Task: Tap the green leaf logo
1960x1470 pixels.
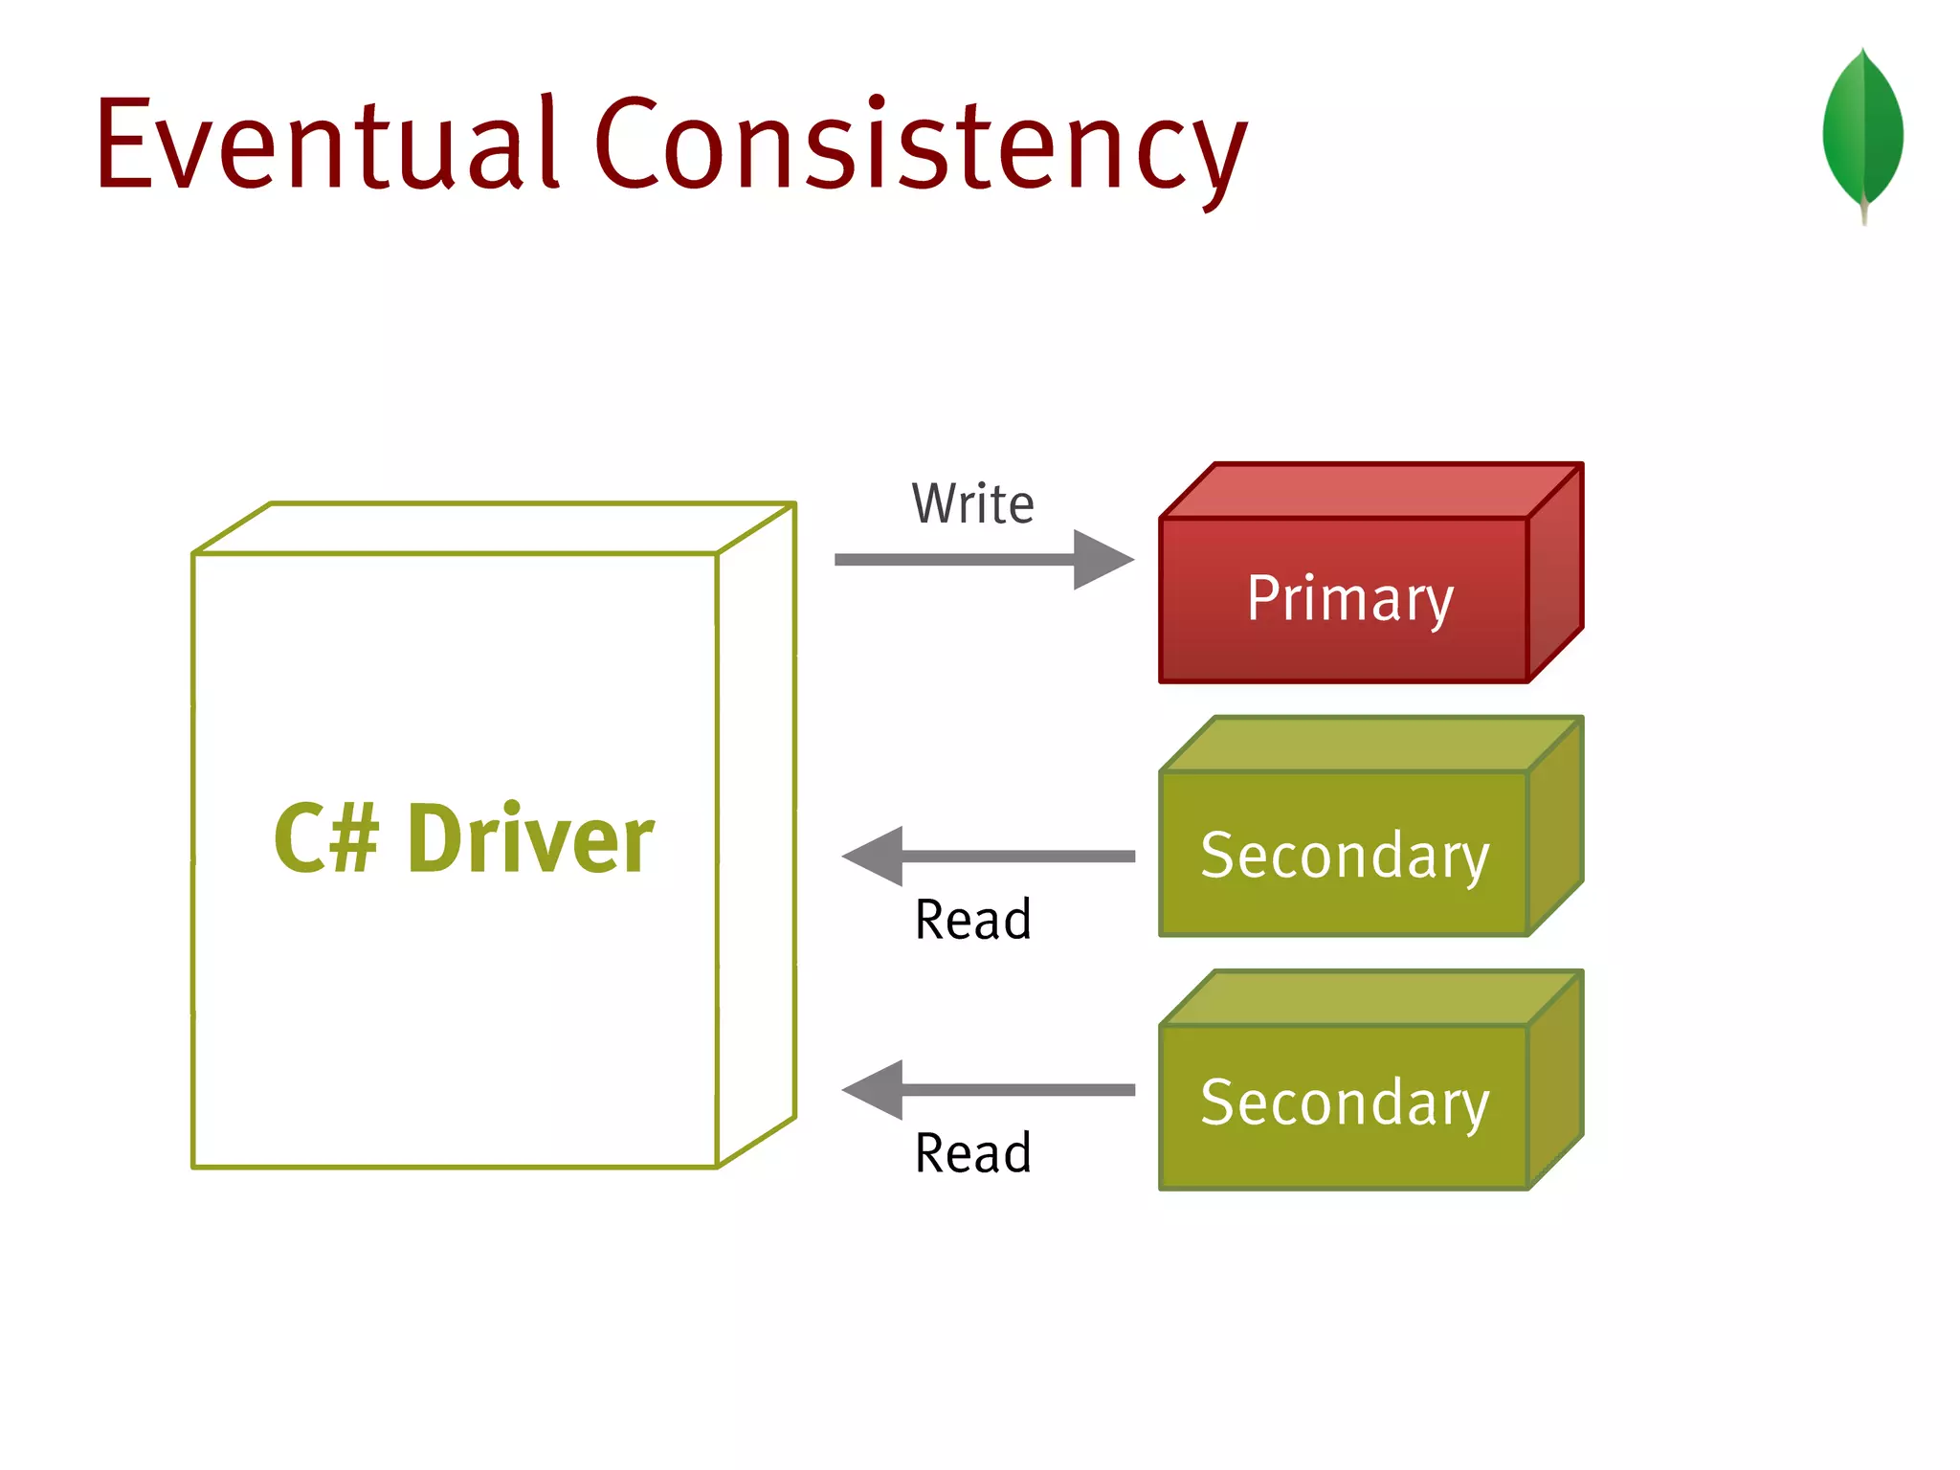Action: click(1862, 129)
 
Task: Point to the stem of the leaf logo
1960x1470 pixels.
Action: click(1863, 212)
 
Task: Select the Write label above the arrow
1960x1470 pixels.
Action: click(972, 504)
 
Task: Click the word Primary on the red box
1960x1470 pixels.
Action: click(1349, 599)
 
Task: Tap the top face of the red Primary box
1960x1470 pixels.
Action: click(1370, 491)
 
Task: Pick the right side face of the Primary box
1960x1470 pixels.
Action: click(1555, 574)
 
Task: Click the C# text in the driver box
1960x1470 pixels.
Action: click(326, 838)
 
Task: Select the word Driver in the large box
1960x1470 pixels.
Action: click(530, 838)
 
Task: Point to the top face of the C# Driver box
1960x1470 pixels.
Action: click(493, 527)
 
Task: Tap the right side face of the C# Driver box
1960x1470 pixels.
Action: click(756, 833)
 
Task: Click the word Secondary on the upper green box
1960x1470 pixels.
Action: click(1345, 855)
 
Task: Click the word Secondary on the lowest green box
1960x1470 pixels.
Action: click(1345, 1102)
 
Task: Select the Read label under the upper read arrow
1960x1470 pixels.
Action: click(972, 920)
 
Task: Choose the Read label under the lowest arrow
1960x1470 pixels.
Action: click(972, 1152)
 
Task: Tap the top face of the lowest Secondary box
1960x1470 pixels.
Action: click(1370, 998)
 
